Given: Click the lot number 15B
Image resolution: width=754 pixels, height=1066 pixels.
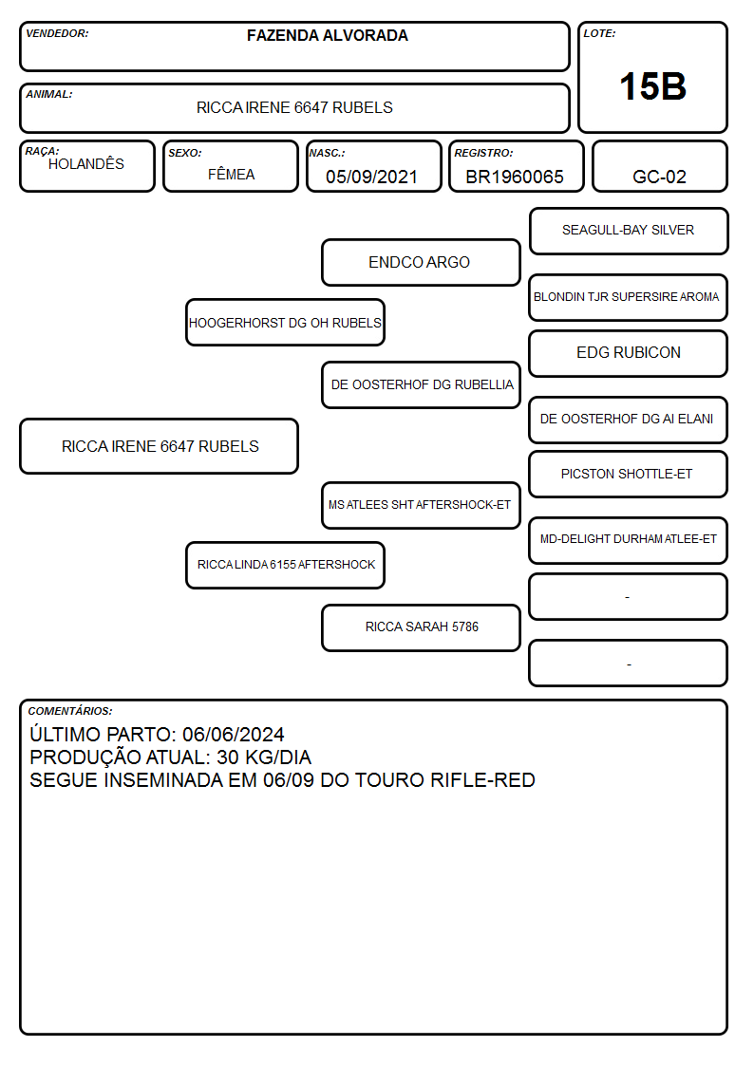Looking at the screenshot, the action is point(652,86).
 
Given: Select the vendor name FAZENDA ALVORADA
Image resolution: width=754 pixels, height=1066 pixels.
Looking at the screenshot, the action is point(327,35).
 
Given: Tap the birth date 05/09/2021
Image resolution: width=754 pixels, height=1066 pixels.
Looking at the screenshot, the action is point(371,177).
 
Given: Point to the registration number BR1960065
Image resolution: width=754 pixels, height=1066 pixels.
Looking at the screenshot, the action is point(515,177).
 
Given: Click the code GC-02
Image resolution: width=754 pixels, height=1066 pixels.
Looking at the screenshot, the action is point(659,177).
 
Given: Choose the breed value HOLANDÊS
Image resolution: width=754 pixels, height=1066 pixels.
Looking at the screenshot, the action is point(86,163).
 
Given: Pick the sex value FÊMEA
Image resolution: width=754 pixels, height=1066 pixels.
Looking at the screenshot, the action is point(231,174).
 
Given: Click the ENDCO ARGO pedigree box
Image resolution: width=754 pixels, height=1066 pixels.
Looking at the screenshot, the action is point(421,262).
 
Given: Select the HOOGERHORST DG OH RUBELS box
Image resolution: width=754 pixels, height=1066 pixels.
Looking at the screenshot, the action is point(285,322).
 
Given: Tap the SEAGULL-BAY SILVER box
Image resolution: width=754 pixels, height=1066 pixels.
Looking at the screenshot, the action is point(629,232).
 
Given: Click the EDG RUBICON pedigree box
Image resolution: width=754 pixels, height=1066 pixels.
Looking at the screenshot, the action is point(629,353).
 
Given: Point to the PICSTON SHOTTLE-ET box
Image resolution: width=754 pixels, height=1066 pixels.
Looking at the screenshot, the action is point(629,475).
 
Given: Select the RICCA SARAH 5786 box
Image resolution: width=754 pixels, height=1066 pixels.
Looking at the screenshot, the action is point(421,627).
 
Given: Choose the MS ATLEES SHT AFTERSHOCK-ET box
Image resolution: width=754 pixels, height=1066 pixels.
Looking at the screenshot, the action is point(421,505).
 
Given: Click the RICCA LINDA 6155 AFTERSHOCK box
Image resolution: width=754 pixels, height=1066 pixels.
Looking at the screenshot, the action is point(285,565).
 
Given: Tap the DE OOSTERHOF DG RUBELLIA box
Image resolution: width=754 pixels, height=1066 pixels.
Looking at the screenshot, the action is point(421,384).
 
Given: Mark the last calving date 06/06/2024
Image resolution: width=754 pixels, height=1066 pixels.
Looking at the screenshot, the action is point(234,734).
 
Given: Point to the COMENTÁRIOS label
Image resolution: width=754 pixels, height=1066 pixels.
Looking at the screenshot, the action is point(70,711).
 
